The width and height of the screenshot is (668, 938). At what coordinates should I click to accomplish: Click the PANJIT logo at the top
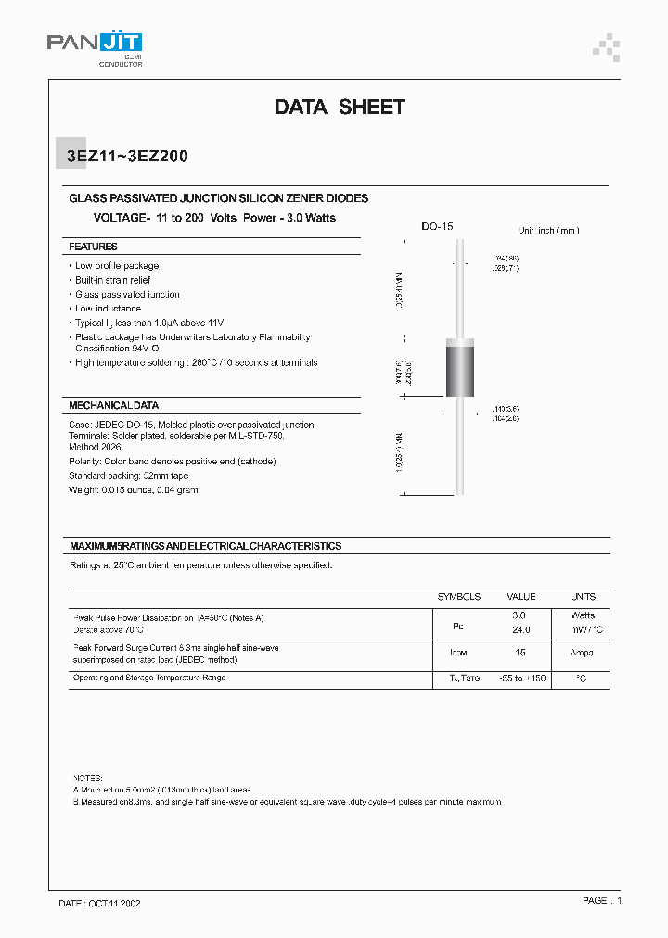click(x=95, y=45)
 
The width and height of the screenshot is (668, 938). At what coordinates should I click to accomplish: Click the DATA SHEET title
click(x=340, y=108)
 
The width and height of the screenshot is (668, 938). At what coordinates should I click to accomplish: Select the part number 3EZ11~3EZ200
click(x=128, y=157)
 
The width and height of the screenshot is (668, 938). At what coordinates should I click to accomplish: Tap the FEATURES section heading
click(x=93, y=247)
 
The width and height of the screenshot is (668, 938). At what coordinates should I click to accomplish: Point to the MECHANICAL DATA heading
click(x=113, y=405)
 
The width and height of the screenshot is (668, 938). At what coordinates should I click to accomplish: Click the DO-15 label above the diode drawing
click(x=437, y=226)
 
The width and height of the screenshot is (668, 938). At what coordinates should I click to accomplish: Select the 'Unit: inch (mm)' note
click(x=548, y=230)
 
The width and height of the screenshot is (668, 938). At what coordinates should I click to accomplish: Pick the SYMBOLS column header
click(x=459, y=596)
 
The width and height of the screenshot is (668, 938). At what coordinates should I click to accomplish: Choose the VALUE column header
click(x=520, y=596)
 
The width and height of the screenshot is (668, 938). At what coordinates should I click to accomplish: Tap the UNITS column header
click(x=583, y=596)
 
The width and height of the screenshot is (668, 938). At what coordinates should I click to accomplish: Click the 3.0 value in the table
click(x=520, y=615)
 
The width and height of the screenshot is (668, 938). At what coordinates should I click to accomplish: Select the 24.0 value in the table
click(x=520, y=629)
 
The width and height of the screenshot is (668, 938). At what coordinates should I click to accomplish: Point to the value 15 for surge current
click(x=520, y=653)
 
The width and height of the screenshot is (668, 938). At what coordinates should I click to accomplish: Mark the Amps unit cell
click(x=582, y=653)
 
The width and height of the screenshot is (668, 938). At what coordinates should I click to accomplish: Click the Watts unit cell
click(x=583, y=615)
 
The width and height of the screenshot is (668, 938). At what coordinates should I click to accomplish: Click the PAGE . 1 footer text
click(x=601, y=900)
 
